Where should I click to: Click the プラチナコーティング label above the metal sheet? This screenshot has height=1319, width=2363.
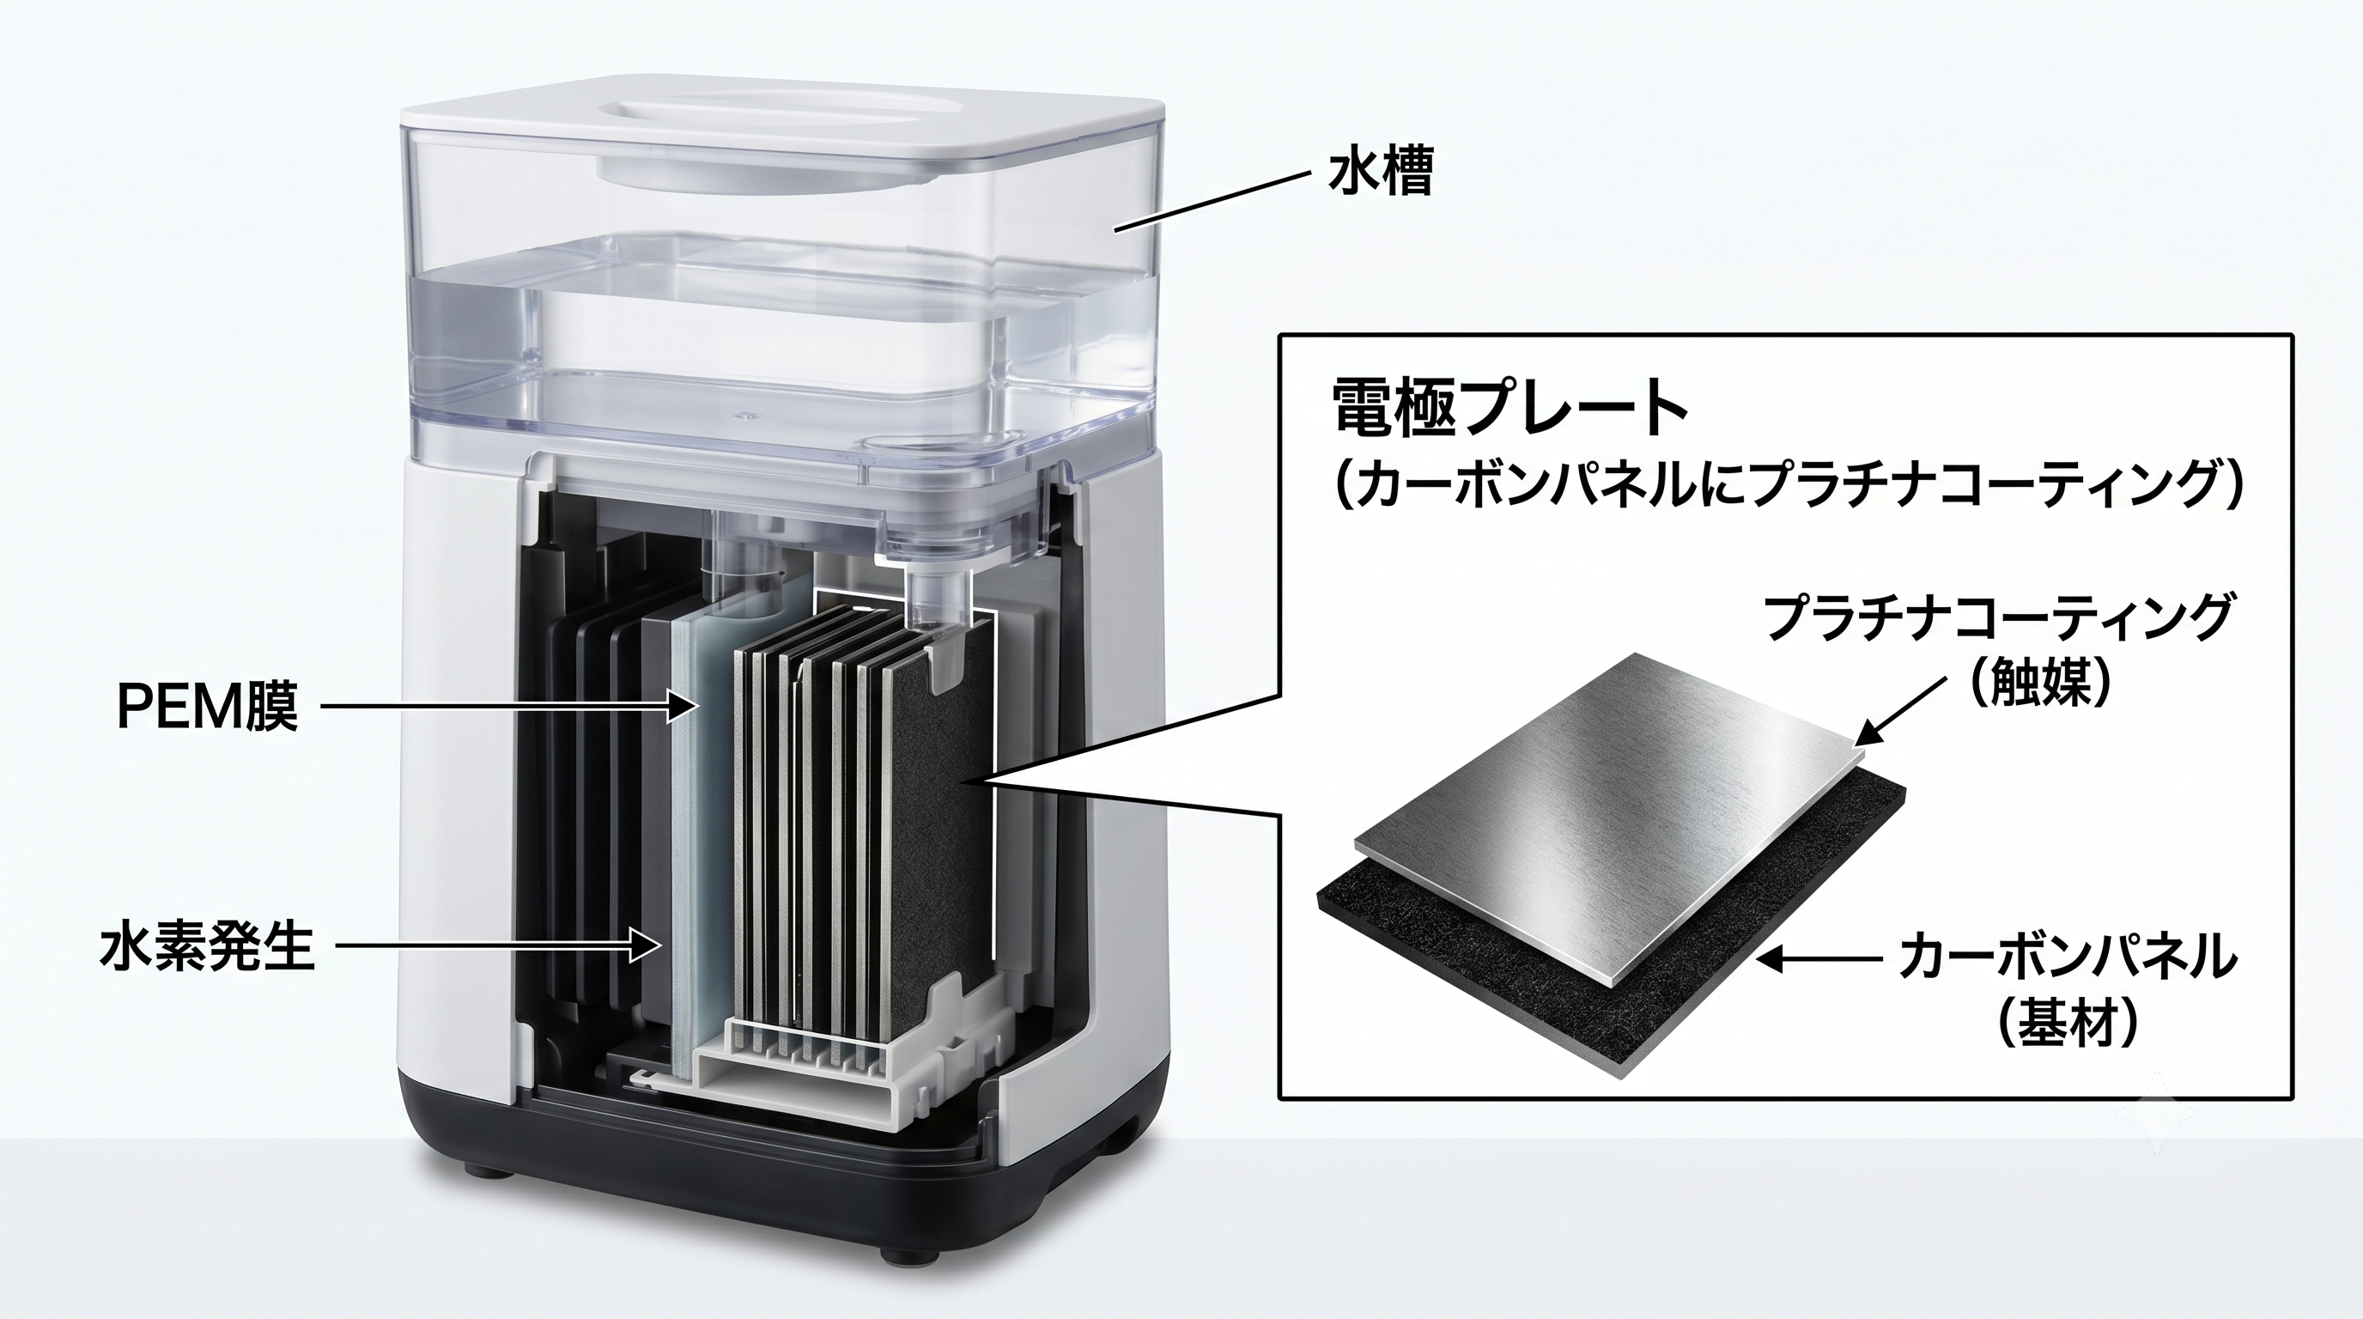click(x=1996, y=617)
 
